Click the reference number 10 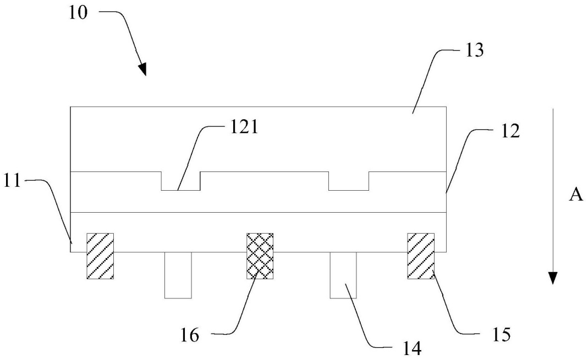78,13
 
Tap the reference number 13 474,50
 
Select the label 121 244,127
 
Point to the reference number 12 510,131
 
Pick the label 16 190,335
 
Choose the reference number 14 412,348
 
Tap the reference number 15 502,334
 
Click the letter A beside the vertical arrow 576,195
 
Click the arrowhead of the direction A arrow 552,278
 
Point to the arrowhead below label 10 142,69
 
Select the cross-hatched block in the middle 260,256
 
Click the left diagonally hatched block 100,256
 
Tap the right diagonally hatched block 421,256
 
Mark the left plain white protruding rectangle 178,275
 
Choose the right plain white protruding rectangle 343,275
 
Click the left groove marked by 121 181,181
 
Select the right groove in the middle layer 349,181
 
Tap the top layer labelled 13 259,140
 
